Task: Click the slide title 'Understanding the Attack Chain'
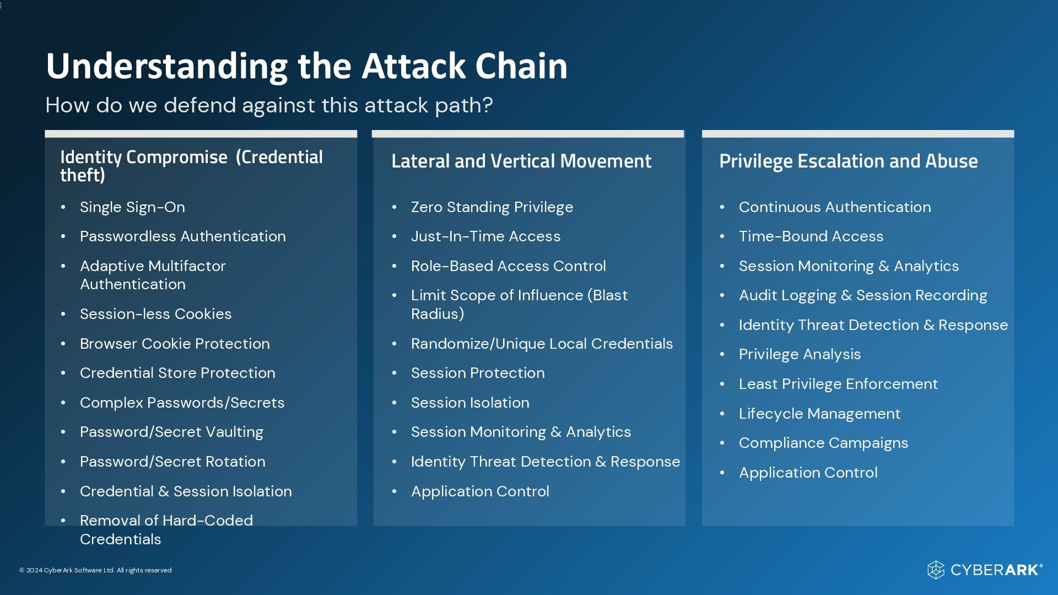pos(306,66)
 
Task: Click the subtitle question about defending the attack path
pos(269,105)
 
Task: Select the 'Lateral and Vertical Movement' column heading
pos(521,161)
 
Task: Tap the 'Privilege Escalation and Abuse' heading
pos(848,161)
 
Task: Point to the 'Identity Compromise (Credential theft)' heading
pos(191,166)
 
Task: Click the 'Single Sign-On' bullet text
pos(132,207)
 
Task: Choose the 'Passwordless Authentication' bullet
pos(182,236)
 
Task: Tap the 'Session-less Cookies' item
pos(155,314)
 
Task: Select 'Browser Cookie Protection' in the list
pos(175,344)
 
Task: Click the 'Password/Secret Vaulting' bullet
pos(171,432)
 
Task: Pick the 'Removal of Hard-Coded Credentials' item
pos(166,529)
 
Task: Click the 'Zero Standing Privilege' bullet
pos(492,207)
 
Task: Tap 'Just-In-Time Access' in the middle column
pos(485,236)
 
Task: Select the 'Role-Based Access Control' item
pos(508,266)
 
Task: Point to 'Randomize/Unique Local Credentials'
pos(542,344)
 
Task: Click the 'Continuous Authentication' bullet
pos(834,207)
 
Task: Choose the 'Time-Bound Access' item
pos(811,236)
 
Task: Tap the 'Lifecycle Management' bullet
pos(819,414)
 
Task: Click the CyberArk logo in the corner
pos(985,570)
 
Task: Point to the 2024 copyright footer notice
pos(95,570)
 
